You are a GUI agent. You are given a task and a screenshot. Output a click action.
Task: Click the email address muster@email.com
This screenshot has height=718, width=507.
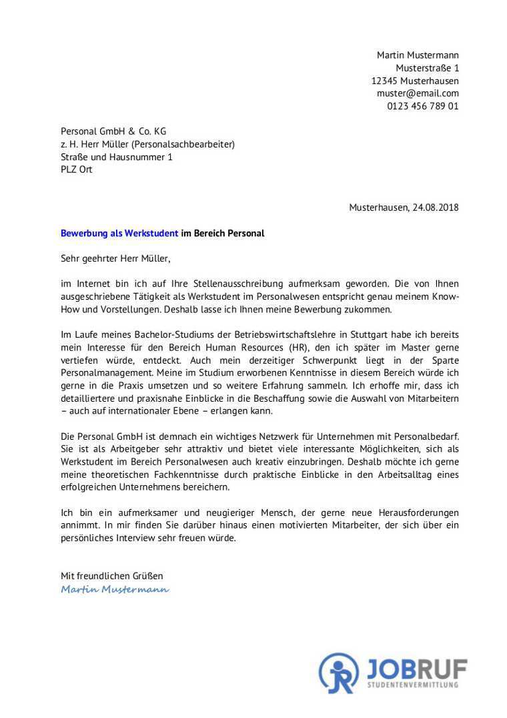click(x=418, y=93)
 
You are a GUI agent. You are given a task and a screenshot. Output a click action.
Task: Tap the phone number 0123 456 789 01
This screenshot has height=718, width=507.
click(x=423, y=106)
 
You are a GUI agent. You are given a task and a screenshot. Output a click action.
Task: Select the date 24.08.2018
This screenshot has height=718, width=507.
click(x=436, y=208)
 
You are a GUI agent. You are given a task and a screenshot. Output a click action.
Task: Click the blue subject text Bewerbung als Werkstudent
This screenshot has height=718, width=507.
click(x=119, y=234)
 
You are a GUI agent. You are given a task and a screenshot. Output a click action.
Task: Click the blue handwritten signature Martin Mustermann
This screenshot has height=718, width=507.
click(x=115, y=589)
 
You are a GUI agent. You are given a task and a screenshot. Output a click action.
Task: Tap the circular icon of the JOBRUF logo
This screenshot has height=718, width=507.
click(x=339, y=673)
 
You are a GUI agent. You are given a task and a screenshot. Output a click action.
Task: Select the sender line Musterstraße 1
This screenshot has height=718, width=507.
click(x=427, y=68)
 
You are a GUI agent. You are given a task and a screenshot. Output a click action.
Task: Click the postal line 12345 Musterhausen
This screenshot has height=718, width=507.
click(x=415, y=81)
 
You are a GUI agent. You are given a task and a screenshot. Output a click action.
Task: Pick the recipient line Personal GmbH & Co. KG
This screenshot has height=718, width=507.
click(x=113, y=131)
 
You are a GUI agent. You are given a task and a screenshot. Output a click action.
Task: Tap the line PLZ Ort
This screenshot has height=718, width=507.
click(x=77, y=169)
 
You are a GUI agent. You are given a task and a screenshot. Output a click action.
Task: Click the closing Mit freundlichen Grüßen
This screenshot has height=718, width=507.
click(x=112, y=576)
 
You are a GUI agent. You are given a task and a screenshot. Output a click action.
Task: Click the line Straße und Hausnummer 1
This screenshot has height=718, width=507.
click(x=117, y=157)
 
